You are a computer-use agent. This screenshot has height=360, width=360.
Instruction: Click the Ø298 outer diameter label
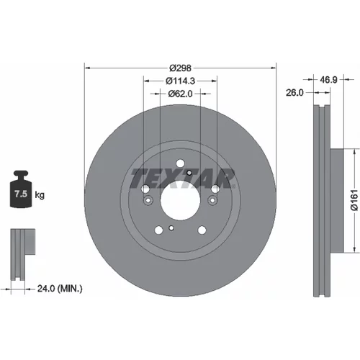click(180, 68)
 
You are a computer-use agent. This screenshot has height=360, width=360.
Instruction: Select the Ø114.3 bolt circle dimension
click(180, 81)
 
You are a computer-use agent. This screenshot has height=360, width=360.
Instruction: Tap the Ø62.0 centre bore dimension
click(180, 94)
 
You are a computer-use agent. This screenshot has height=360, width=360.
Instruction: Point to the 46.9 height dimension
click(328, 80)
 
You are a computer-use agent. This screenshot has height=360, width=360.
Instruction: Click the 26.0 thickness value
click(294, 93)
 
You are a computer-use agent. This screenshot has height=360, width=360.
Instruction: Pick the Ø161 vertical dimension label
click(354, 200)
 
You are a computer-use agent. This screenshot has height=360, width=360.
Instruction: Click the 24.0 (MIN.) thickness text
click(60, 288)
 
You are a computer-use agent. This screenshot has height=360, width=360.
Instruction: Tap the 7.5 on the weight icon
click(21, 194)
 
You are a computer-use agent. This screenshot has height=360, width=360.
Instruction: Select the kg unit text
click(40, 195)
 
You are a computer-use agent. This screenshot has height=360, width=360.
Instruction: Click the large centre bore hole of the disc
click(180, 200)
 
